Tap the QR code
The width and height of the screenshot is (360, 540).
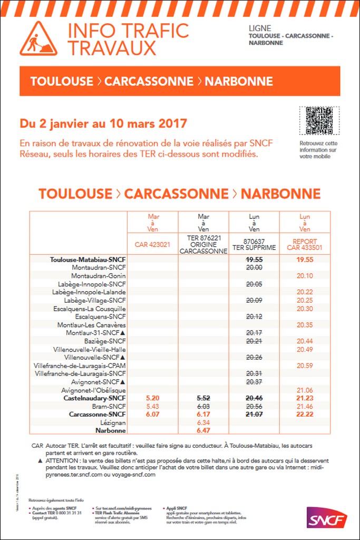coord(319,121)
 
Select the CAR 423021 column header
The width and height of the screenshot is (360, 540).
coord(153,244)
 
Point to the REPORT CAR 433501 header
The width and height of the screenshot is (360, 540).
coord(305,244)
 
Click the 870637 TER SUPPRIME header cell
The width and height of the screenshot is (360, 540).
coord(254,244)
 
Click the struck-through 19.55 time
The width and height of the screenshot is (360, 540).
coord(254,259)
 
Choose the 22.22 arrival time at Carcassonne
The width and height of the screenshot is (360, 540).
coord(305,414)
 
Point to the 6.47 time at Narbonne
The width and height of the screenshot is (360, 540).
coord(203,430)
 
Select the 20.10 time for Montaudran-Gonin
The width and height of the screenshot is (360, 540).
coord(305,276)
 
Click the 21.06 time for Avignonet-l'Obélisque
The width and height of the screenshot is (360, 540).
coord(305,390)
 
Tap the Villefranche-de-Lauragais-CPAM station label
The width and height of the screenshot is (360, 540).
coord(80,365)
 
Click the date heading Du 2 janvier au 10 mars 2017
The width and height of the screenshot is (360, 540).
coord(103,124)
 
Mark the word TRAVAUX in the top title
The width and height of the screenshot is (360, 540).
coord(112,47)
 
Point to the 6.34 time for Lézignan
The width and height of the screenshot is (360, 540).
coord(203,422)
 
